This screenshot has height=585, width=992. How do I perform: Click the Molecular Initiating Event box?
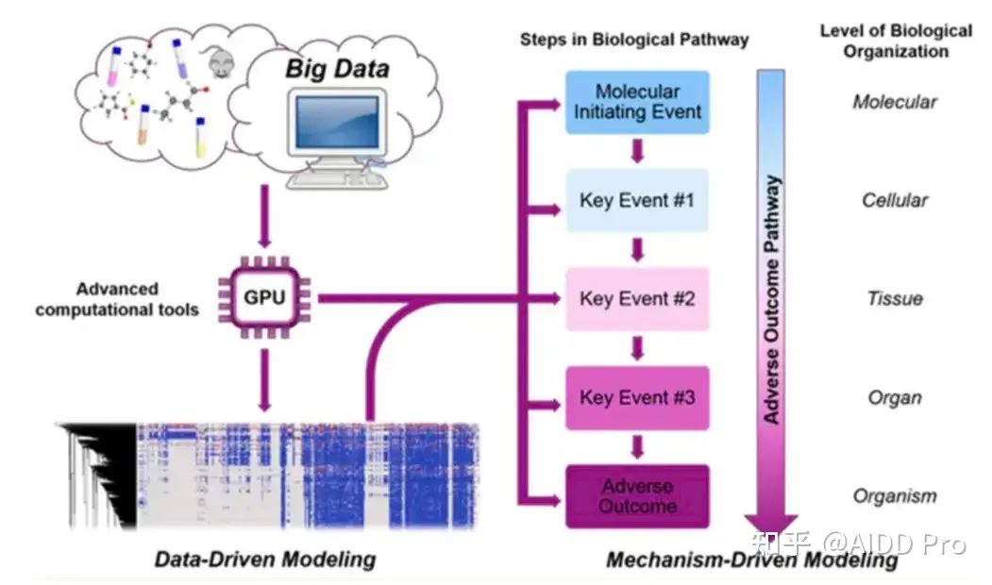pyautogui.click(x=637, y=102)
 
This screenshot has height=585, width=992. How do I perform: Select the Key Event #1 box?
pyautogui.click(x=637, y=200)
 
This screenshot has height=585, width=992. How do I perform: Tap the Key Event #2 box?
pyautogui.click(x=637, y=299)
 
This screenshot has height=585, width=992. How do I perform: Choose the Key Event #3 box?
pyautogui.click(x=637, y=397)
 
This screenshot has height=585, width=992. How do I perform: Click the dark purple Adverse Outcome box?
pyautogui.click(x=637, y=496)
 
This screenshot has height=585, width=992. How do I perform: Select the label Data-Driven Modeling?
pyautogui.click(x=264, y=560)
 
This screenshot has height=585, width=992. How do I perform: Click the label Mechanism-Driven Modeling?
pyautogui.click(x=751, y=560)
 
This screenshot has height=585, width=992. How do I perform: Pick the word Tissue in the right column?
pyautogui.click(x=894, y=299)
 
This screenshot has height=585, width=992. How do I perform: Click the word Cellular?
pyautogui.click(x=894, y=200)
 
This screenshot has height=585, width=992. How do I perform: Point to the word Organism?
pyautogui.click(x=894, y=496)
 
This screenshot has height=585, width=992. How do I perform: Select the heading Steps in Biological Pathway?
pyautogui.click(x=634, y=40)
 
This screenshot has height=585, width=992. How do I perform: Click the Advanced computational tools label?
pyautogui.click(x=117, y=299)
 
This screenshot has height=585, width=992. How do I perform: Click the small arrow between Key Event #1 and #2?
pyautogui.click(x=637, y=249)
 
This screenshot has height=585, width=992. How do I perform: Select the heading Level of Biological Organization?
pyautogui.click(x=895, y=41)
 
